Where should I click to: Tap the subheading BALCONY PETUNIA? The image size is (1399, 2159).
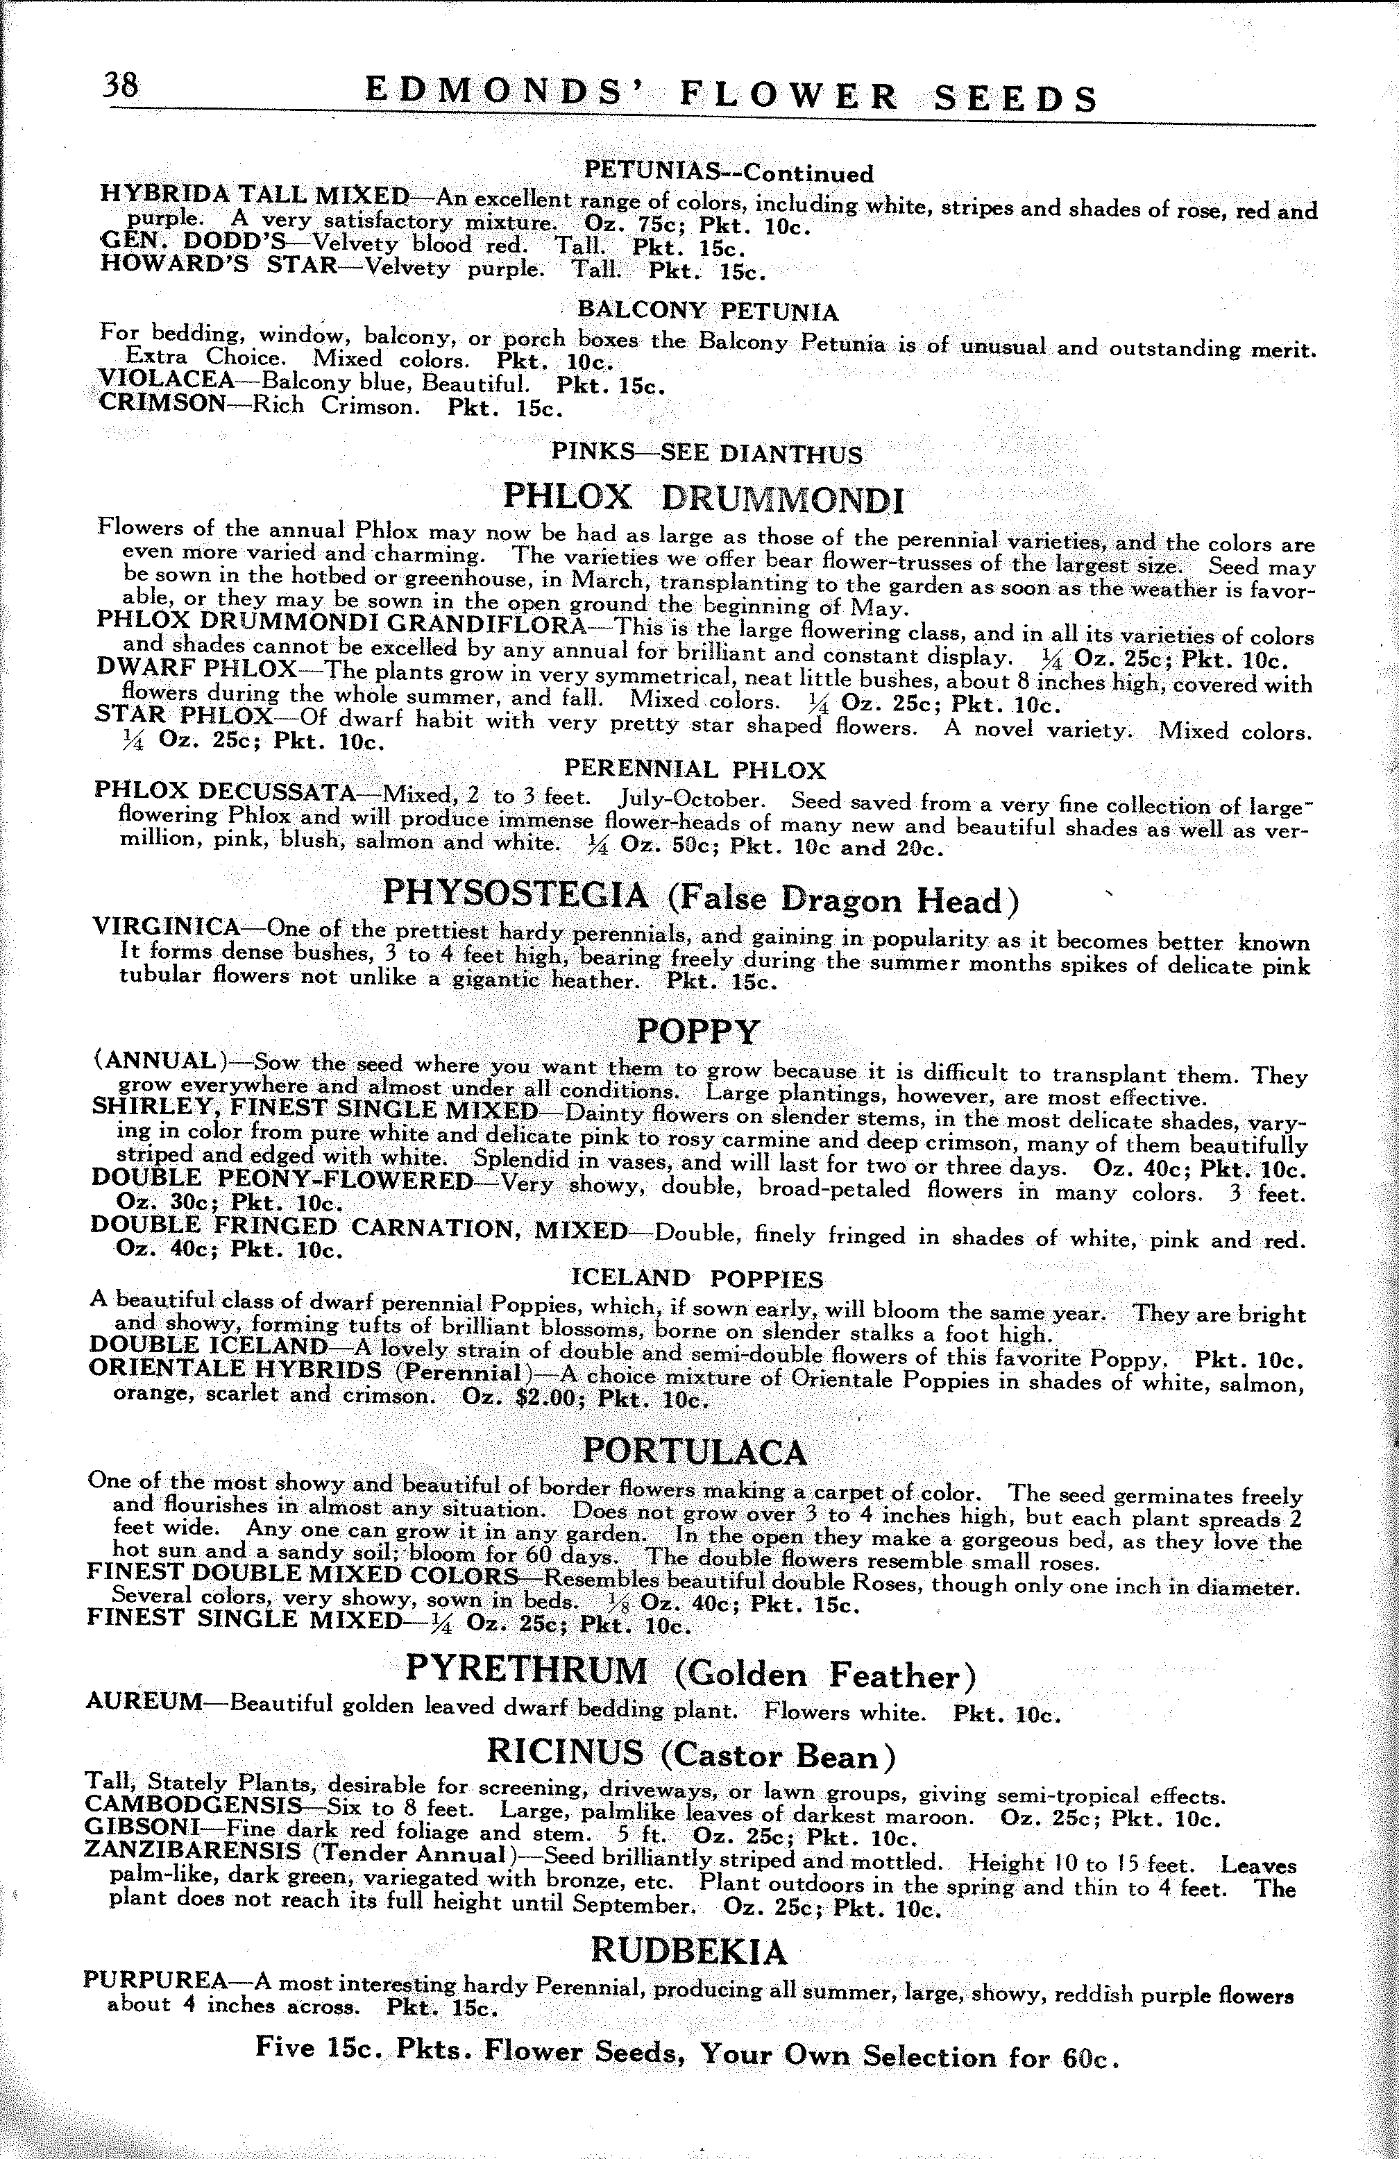point(708,312)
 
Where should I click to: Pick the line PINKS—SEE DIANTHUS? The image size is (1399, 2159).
point(706,452)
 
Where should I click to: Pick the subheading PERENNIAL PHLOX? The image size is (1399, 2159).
point(694,770)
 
